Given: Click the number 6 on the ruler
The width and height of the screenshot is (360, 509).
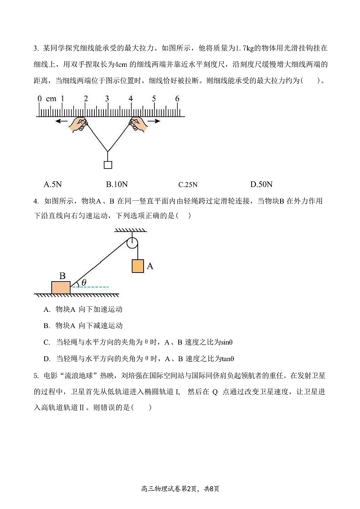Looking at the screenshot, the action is [x=177, y=99].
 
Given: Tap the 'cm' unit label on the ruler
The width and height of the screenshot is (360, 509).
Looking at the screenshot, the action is [x=51, y=99].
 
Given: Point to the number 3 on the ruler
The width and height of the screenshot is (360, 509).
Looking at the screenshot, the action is [x=107, y=99].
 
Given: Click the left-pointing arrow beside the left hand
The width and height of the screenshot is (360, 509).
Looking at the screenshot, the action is [x=62, y=121].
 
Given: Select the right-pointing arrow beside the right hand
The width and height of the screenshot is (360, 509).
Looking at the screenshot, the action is [x=154, y=121].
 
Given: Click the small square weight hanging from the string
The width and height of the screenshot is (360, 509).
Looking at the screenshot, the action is [x=108, y=165].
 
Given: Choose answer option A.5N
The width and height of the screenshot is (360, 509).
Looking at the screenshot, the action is [x=53, y=184].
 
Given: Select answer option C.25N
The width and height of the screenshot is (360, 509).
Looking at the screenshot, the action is [x=188, y=185].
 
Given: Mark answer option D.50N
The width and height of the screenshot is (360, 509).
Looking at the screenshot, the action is [x=262, y=184].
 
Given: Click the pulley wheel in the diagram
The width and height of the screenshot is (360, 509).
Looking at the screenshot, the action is [x=132, y=243].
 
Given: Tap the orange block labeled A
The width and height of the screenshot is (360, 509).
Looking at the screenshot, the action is [x=138, y=266].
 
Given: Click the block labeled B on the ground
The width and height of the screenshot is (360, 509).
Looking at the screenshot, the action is [x=61, y=287].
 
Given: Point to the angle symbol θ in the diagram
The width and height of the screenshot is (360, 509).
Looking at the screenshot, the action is [x=84, y=282].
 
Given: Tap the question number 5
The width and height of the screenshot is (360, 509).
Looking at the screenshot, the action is [x=36, y=376].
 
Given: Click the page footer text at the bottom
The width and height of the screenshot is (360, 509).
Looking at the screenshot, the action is [x=180, y=489].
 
